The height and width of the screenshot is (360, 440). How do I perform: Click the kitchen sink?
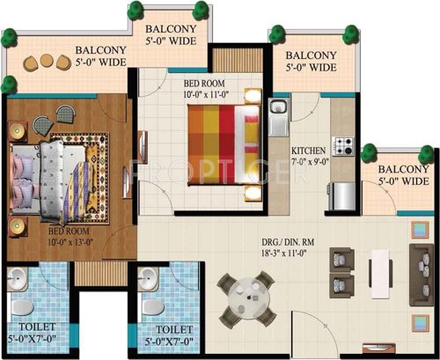click(x=279, y=112)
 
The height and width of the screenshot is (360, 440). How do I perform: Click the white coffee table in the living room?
click(x=380, y=268)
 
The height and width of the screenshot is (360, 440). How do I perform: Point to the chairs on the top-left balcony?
click(x=44, y=62)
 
